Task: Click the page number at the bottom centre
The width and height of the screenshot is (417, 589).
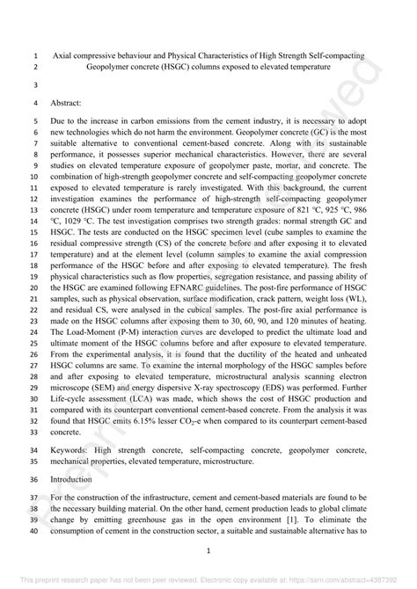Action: point(208,552)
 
